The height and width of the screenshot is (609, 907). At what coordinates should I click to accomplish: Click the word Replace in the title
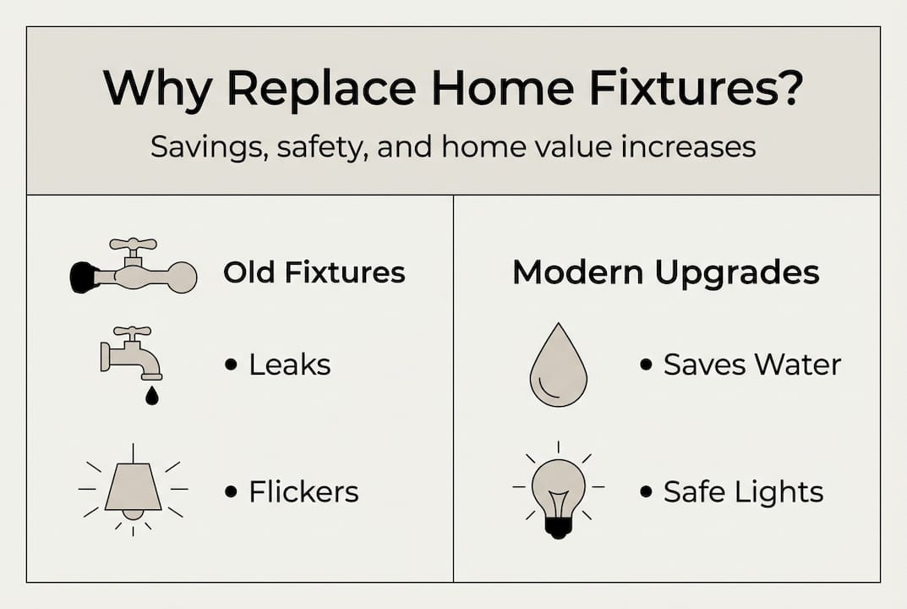pos(321,88)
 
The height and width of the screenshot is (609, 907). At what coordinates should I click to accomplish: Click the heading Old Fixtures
pos(314,272)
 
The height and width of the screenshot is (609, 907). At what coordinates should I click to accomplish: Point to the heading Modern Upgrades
pos(666,272)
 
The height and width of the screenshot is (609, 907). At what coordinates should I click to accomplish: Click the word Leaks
pos(290,365)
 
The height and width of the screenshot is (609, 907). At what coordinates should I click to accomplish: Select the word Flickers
pos(303,491)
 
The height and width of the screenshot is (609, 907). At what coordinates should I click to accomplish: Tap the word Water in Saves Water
pos(798,365)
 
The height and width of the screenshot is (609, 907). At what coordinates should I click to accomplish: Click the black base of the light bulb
pos(558,526)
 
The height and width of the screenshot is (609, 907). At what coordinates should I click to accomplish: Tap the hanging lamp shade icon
pos(133,486)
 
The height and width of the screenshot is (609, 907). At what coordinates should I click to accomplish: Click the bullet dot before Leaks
pos(231,365)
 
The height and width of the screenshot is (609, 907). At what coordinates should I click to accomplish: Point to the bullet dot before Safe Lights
pos(646,492)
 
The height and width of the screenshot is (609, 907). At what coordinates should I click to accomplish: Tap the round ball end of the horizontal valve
pos(181,277)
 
